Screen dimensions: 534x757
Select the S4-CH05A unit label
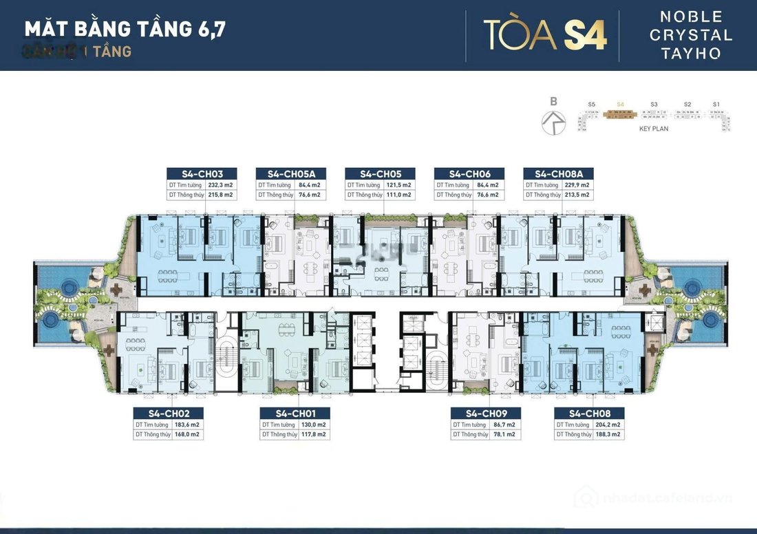point(290,174)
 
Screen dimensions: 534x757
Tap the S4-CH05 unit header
point(380,174)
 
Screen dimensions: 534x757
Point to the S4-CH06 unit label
point(469,174)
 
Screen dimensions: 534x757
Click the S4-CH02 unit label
point(168,414)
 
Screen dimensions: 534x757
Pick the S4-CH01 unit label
point(294,414)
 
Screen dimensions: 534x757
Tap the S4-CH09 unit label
point(485,414)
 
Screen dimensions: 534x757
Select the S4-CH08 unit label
point(590,414)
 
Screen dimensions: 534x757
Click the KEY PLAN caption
point(654,129)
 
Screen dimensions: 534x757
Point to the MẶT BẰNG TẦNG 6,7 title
point(125,30)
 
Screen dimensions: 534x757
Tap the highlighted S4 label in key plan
point(621,105)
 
